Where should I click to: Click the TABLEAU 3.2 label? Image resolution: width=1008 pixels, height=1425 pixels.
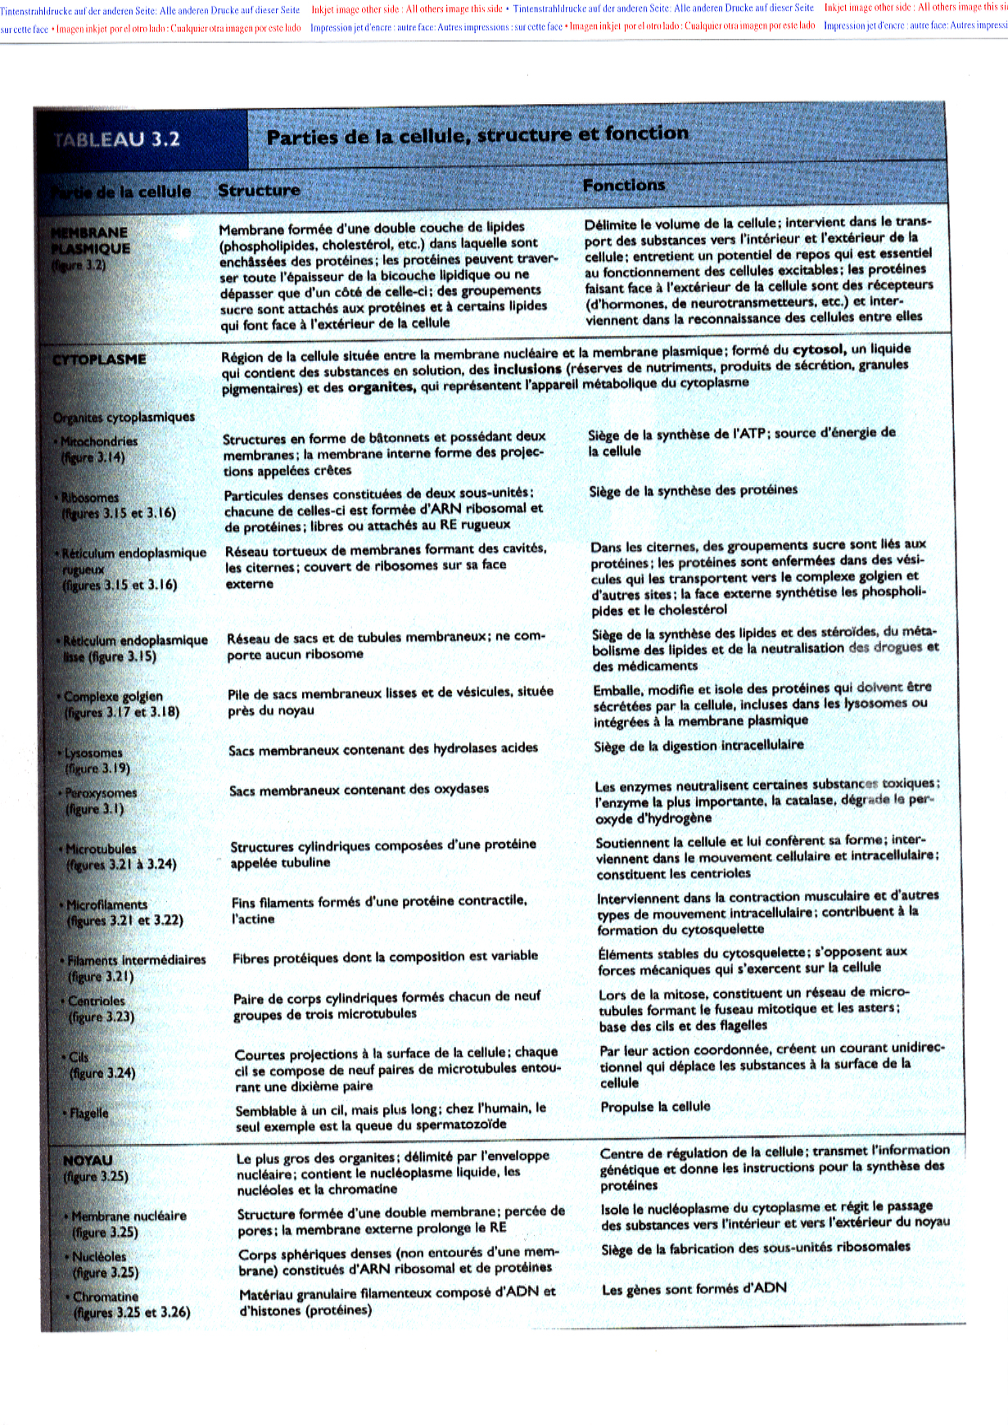pyautogui.click(x=116, y=138)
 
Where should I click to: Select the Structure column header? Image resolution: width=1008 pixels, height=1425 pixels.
pyautogui.click(x=259, y=190)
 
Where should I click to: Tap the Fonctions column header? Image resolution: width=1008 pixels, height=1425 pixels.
pyautogui.click(x=623, y=186)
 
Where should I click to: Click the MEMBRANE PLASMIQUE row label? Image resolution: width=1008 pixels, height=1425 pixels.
pyautogui.click(x=90, y=241)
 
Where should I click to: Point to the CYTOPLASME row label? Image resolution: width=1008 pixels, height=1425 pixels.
pyautogui.click(x=99, y=359)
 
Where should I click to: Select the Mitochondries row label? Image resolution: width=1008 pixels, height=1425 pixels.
pyautogui.click(x=99, y=441)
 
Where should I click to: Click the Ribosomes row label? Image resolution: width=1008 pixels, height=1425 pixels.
pyautogui.click(x=90, y=498)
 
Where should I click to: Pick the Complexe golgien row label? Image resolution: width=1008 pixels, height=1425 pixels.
pyautogui.click(x=113, y=697)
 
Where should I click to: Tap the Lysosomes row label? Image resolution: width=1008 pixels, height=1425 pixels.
pyautogui.click(x=93, y=753)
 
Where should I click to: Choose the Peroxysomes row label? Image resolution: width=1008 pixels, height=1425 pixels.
pyautogui.click(x=101, y=793)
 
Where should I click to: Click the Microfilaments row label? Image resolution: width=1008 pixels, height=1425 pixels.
pyautogui.click(x=106, y=904)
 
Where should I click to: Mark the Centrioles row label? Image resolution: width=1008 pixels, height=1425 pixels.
pyautogui.click(x=97, y=1001)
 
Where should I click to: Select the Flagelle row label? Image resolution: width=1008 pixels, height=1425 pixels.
pyautogui.click(x=89, y=1113)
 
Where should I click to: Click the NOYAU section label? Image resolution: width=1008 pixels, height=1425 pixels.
pyautogui.click(x=88, y=1160)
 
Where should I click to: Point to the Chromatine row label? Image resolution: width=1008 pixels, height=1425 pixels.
pyautogui.click(x=106, y=1296)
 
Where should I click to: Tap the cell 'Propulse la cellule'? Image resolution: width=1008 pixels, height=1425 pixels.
pyautogui.click(x=655, y=1107)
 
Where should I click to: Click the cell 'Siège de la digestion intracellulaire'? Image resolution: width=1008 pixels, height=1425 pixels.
pyautogui.click(x=698, y=745)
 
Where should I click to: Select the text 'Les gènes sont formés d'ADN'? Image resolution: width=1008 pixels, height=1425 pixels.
pyautogui.click(x=694, y=1288)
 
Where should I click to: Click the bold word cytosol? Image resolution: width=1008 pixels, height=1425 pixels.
pyautogui.click(x=818, y=349)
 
